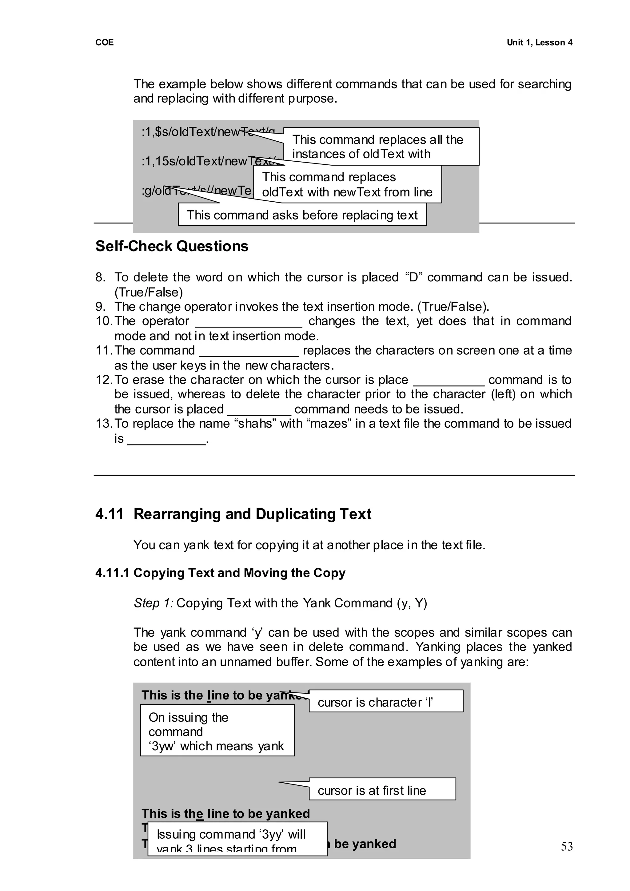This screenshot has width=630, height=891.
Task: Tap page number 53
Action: (x=566, y=846)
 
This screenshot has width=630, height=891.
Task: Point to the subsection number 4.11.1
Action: (x=112, y=573)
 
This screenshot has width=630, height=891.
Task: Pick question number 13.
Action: (x=104, y=424)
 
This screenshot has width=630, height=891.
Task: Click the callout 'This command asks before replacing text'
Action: (x=302, y=215)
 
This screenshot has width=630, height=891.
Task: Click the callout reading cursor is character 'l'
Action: (x=375, y=702)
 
